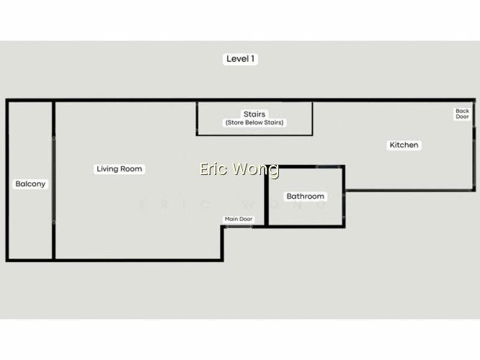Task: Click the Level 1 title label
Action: pyautogui.click(x=240, y=59)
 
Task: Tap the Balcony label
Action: pyautogui.click(x=30, y=184)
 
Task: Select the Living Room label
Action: pyautogui.click(x=120, y=168)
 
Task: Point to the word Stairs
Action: pyautogui.click(x=254, y=114)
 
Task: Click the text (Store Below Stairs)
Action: pyautogui.click(x=254, y=122)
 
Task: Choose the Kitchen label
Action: pyautogui.click(x=404, y=145)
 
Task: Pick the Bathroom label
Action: pyautogui.click(x=305, y=196)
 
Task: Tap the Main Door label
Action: pyautogui.click(x=239, y=219)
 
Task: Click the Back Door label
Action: pyautogui.click(x=462, y=114)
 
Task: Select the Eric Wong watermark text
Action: pyautogui.click(x=239, y=168)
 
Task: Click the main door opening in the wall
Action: pyautogui.click(x=239, y=227)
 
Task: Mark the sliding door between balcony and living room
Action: pyautogui.click(x=54, y=180)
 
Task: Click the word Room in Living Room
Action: pyautogui.click(x=131, y=168)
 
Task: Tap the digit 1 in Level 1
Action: pyautogui.click(x=252, y=59)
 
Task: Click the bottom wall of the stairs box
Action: pyautogui.click(x=254, y=135)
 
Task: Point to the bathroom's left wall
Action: pyautogui.click(x=267, y=196)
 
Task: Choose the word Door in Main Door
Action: pyautogui.click(x=246, y=219)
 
